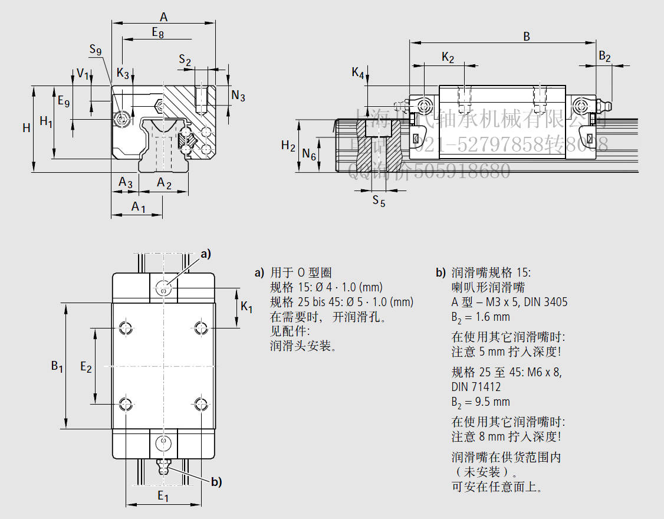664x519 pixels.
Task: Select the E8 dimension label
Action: tap(157, 33)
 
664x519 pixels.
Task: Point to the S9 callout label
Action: tap(96, 51)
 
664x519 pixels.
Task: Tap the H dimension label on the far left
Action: tap(27, 128)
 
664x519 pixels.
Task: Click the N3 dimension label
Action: tap(238, 96)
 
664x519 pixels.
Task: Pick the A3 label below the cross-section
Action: tap(125, 183)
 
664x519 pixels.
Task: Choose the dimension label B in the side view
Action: tap(527, 37)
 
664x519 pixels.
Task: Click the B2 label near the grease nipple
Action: tap(604, 57)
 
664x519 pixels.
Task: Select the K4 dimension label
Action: tap(358, 73)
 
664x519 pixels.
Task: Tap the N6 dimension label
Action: tap(309, 155)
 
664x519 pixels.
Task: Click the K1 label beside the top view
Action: tap(247, 308)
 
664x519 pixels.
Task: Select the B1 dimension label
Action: tap(57, 366)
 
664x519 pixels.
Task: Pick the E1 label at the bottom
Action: tap(163, 497)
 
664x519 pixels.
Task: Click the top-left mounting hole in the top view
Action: tap(125, 328)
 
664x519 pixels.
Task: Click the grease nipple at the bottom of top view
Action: tap(163, 467)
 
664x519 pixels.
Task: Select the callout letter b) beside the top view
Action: tap(216, 482)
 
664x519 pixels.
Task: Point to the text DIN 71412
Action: tap(476, 387)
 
